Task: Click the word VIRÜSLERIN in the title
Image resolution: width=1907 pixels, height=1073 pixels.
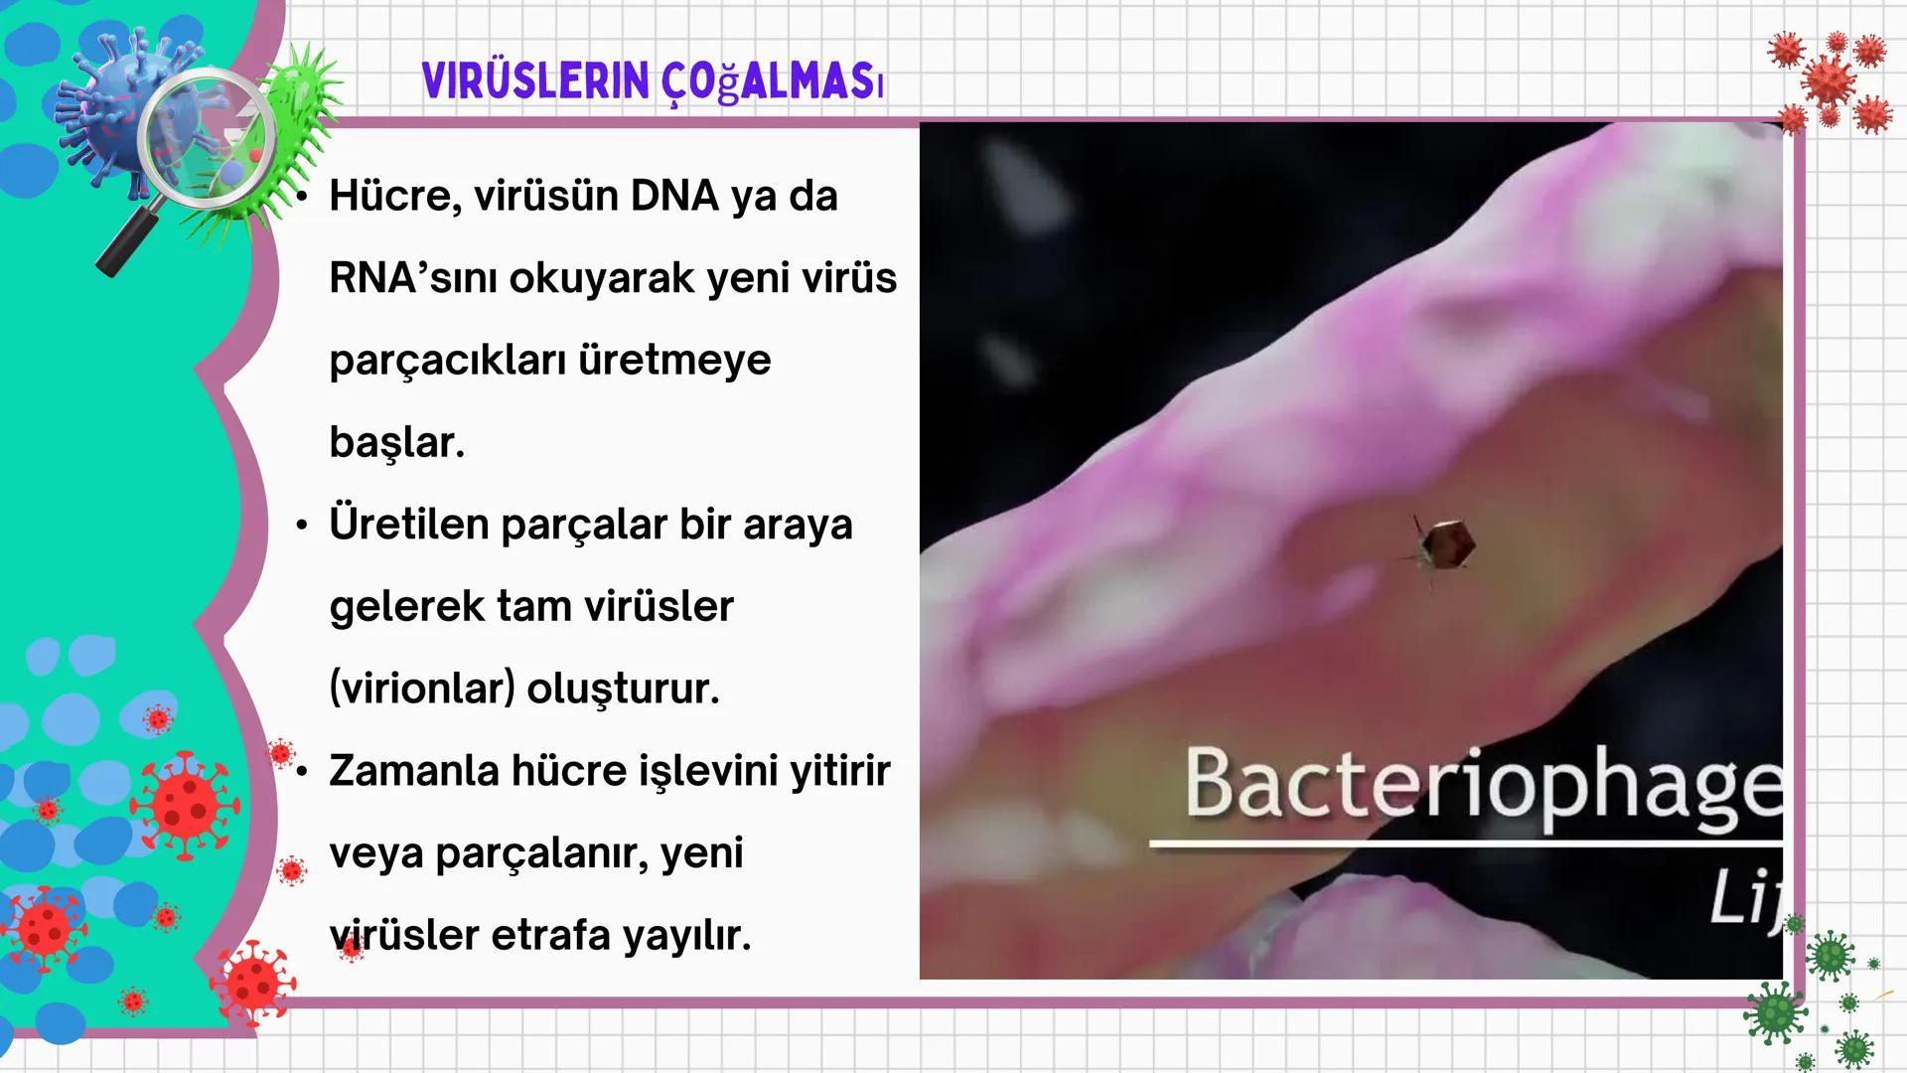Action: coord(534,82)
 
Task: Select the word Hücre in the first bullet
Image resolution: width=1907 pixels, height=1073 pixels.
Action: coord(394,196)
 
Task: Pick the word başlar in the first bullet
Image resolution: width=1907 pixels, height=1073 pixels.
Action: coord(396,442)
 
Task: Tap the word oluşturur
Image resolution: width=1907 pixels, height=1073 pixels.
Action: coord(622,688)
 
